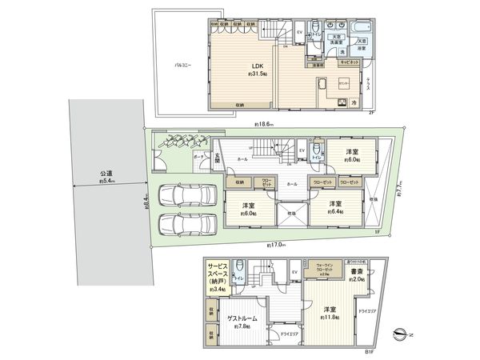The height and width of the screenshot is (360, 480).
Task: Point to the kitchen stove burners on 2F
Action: pyautogui.click(x=318, y=85)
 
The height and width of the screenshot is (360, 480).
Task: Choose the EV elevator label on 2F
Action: pyautogui.click(x=300, y=31)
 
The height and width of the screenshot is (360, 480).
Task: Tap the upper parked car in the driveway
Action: pyautogui.click(x=186, y=194)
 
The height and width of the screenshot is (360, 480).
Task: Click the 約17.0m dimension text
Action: pyautogui.click(x=274, y=243)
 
